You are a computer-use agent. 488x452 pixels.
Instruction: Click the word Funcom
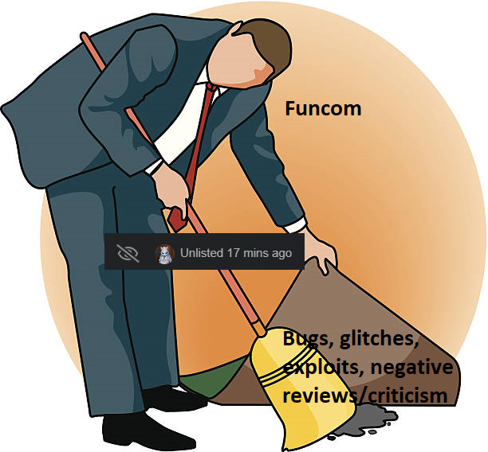(x=323, y=109)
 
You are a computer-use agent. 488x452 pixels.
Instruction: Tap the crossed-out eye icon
(x=128, y=253)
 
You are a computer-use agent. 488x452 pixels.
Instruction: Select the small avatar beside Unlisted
(x=164, y=254)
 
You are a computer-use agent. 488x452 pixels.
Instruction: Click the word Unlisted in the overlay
(x=201, y=253)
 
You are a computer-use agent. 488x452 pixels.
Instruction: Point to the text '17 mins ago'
(x=259, y=253)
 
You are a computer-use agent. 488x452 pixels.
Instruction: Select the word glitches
(x=379, y=341)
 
